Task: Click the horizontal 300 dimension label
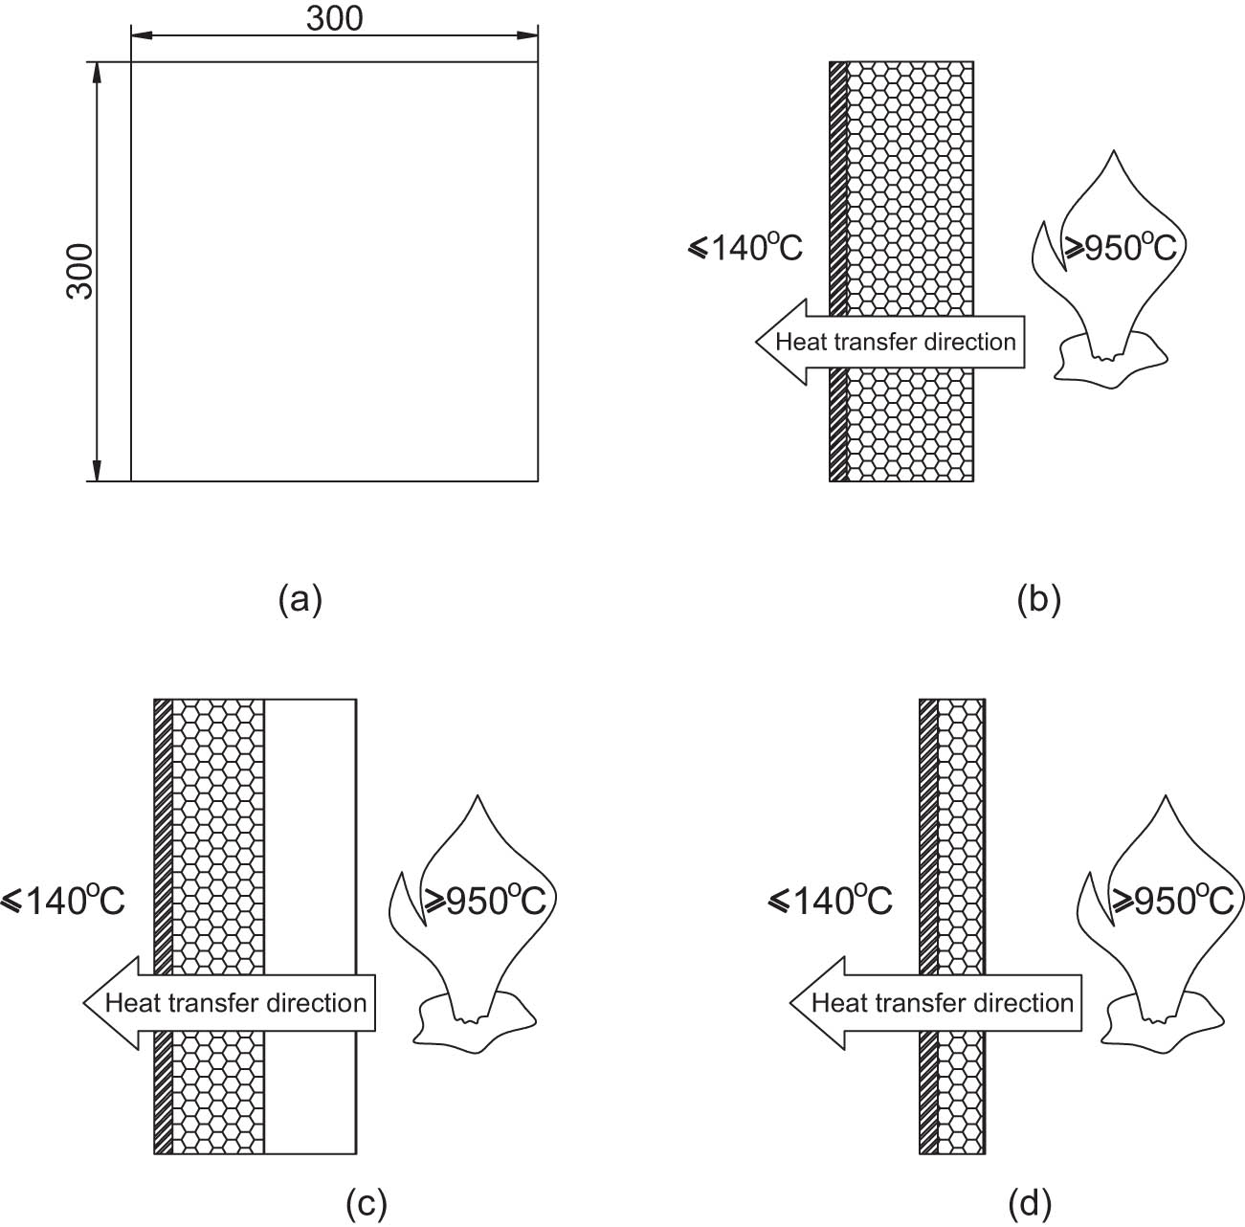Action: tap(335, 18)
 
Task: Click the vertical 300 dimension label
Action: tap(81, 271)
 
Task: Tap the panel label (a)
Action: tap(300, 599)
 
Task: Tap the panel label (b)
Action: tap(1039, 599)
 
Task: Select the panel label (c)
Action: tap(366, 1202)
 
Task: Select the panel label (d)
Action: tap(1030, 1202)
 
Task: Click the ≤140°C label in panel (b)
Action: tap(745, 248)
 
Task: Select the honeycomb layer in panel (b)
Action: tap(910, 191)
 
